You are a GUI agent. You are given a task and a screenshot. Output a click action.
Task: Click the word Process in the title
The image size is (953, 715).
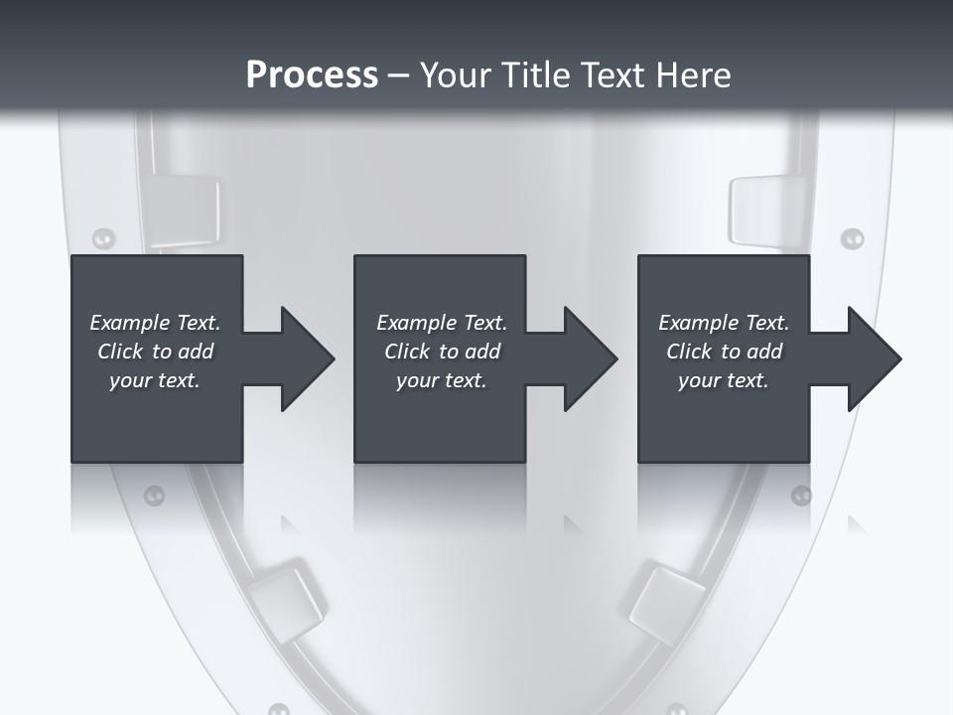tap(312, 75)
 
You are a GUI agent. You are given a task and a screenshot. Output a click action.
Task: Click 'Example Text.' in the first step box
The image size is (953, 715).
tap(155, 323)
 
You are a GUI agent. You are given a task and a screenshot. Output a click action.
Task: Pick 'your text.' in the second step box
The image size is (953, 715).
tap(441, 380)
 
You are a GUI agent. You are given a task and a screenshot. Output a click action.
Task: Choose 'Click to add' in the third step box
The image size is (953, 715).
tap(724, 352)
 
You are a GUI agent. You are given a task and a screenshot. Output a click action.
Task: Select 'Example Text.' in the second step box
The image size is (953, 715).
tap(441, 323)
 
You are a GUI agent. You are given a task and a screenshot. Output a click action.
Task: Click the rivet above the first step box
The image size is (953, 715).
tap(103, 237)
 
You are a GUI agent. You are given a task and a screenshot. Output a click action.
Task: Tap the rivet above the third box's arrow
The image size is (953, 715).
tap(852, 238)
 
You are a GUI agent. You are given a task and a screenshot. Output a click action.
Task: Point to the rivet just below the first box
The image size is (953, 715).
tap(154, 495)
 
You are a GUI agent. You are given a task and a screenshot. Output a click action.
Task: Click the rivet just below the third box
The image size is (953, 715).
tap(800, 495)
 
